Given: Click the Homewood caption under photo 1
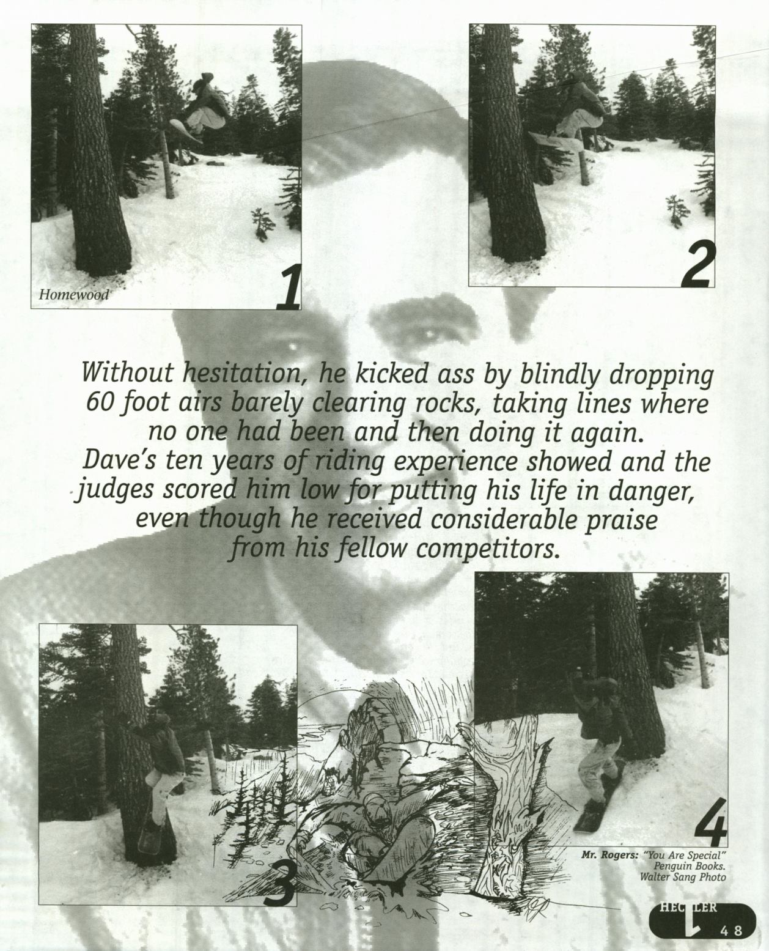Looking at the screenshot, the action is (x=73, y=294).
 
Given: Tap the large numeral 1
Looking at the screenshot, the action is (x=289, y=287).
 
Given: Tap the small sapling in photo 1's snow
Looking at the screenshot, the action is (x=260, y=223).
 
